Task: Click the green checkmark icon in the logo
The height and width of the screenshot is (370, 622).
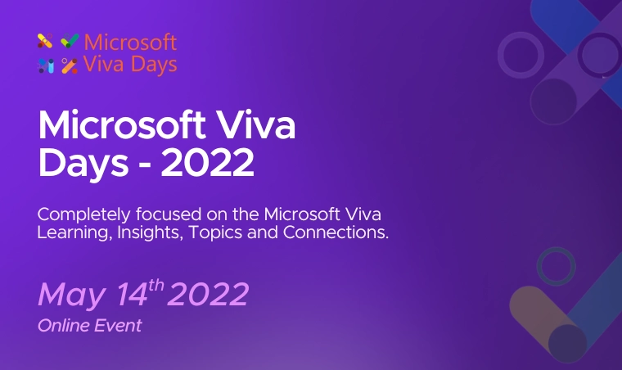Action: tap(70, 41)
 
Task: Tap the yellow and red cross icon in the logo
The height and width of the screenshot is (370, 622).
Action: tap(45, 41)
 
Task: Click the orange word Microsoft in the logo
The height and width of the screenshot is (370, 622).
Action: tap(130, 42)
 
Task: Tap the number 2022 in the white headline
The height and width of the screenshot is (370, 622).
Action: tap(208, 164)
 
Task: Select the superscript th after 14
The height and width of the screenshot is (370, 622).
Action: tap(155, 286)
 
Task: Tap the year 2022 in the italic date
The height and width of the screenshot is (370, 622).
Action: tap(208, 295)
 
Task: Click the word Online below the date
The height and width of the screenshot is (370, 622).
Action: tap(58, 326)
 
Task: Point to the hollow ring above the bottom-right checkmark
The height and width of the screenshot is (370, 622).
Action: tap(557, 267)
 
